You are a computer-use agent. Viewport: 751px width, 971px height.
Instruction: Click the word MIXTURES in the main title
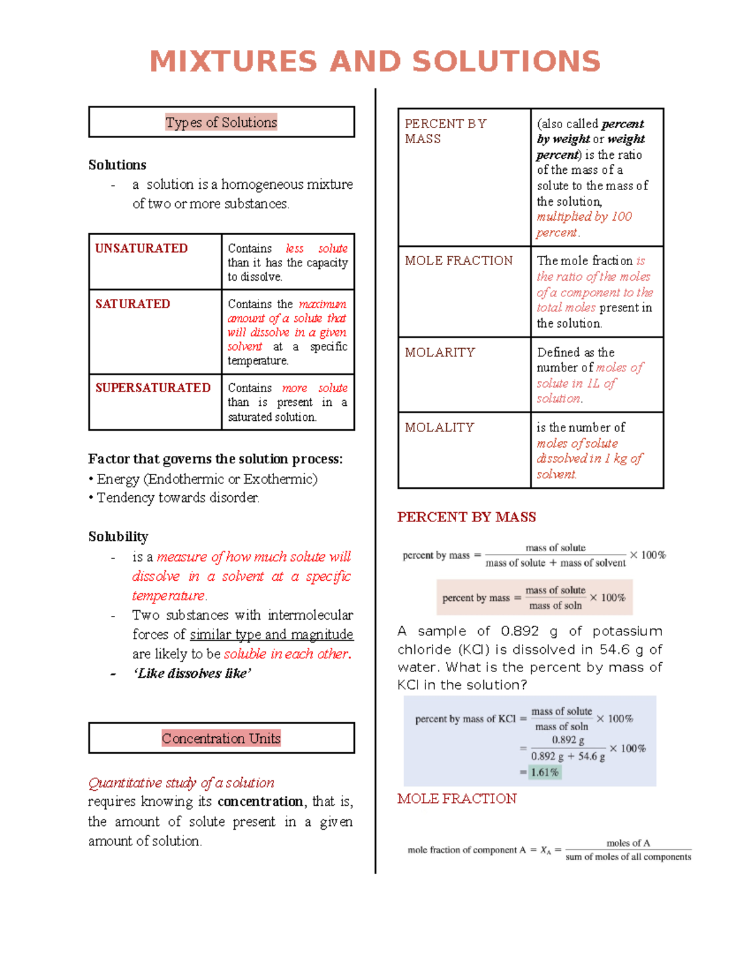[x=233, y=62]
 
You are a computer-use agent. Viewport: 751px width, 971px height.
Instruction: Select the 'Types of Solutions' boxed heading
[x=221, y=122]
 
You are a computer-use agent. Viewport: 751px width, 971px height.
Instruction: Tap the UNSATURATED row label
[x=141, y=248]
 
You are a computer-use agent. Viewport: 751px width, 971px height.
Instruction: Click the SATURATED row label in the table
[x=133, y=304]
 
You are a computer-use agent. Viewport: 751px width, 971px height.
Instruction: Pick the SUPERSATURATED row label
[x=153, y=388]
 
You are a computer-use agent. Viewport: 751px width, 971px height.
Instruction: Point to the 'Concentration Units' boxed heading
[x=221, y=738]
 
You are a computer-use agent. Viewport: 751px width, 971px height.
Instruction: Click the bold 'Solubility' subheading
[x=118, y=536]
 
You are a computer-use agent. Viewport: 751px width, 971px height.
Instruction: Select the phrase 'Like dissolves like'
[x=192, y=673]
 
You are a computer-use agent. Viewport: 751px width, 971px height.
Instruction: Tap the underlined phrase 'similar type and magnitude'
[x=272, y=635]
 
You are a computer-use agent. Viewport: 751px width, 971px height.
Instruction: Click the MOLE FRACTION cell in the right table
[x=459, y=261]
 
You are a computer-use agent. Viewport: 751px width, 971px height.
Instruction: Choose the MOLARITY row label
[x=440, y=353]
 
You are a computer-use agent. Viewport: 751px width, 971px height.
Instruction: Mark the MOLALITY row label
[x=439, y=428]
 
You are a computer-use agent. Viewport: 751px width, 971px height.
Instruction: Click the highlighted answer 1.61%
[x=544, y=772]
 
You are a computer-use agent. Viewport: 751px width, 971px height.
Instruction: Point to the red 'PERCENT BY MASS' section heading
[x=466, y=517]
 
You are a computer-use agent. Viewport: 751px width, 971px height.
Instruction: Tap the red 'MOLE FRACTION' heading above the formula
[x=457, y=798]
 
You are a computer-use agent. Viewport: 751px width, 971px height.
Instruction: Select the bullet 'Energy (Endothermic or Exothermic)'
[x=207, y=479]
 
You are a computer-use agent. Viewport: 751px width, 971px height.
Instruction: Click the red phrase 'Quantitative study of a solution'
[x=181, y=783]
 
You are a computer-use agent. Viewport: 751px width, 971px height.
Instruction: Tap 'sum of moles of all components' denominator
[x=628, y=857]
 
